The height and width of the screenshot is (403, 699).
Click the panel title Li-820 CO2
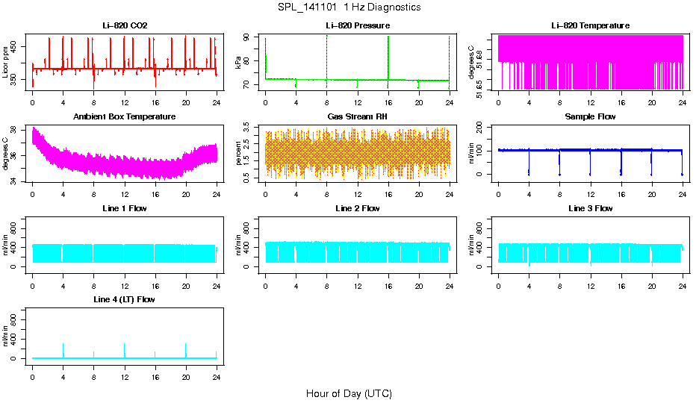pyautogui.click(x=125, y=26)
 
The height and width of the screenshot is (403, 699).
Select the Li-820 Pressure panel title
pyautogui.click(x=357, y=26)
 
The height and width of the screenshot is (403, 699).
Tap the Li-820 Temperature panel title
pyautogui.click(x=590, y=26)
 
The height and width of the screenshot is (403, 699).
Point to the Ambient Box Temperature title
pyautogui.click(x=125, y=117)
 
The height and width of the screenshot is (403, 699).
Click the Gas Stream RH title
pyautogui.click(x=357, y=117)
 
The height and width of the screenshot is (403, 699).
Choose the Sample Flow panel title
pyautogui.click(x=590, y=117)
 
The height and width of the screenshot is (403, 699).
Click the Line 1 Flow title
pyautogui.click(x=125, y=208)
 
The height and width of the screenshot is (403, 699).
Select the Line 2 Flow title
pyautogui.click(x=357, y=208)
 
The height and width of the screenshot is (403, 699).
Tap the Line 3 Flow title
pyautogui.click(x=590, y=208)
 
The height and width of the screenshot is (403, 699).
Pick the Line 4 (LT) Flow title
pyautogui.click(x=125, y=299)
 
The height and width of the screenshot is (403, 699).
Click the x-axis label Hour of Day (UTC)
pyautogui.click(x=349, y=393)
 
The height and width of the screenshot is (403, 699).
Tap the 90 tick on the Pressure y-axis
pyautogui.click(x=250, y=38)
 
